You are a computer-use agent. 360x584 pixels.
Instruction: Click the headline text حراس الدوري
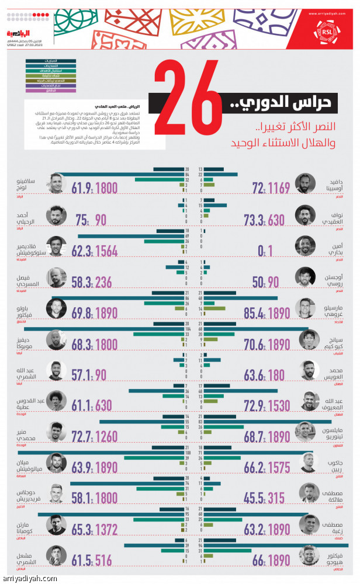pyautogui.click(x=275, y=103)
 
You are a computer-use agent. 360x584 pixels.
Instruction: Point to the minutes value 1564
pyautogui.click(x=105, y=251)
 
